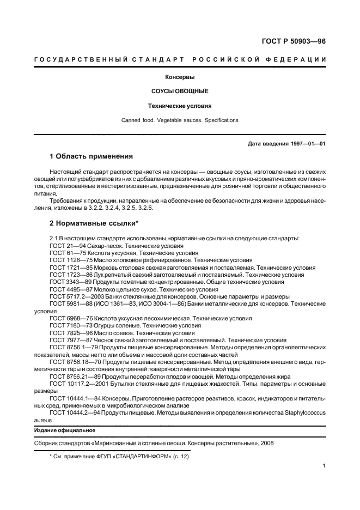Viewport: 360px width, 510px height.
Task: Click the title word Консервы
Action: coord(179,77)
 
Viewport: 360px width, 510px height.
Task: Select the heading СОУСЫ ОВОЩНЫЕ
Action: coord(179,91)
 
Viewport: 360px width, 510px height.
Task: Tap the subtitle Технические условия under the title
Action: coord(179,106)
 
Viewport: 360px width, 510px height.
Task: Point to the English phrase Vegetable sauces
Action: coord(181,120)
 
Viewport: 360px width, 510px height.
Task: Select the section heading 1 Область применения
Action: coord(91,156)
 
